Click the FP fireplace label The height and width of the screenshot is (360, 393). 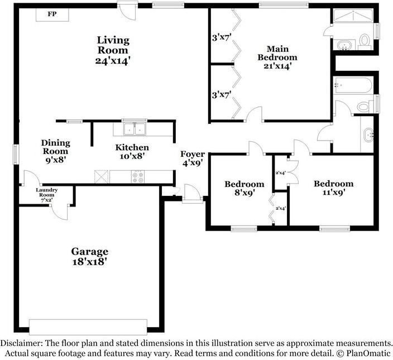tap(52, 14)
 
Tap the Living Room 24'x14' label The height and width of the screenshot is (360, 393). tap(113, 50)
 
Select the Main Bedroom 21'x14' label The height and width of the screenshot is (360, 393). tap(277, 57)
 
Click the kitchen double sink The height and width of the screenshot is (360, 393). tap(135, 129)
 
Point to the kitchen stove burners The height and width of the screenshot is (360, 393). tap(138, 176)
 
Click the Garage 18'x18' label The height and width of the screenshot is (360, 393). tap(90, 257)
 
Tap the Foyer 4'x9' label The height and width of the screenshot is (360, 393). tap(193, 159)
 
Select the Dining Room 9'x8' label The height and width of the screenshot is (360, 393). tap(56, 151)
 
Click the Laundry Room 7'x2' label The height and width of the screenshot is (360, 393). tap(47, 195)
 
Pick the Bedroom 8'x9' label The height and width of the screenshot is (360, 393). tap(245, 189)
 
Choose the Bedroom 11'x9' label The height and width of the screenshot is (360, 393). tap(334, 188)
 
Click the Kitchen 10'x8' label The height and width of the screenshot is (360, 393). tap(132, 152)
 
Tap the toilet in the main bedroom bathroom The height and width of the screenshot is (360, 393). tap(365, 41)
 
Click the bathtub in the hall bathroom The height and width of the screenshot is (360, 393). tap(353, 86)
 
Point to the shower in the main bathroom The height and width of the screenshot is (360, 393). tap(353, 16)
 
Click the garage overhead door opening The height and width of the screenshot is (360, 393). tap(88, 327)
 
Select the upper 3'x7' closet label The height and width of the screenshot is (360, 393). tap(221, 38)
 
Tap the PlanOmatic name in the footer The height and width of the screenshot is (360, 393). tap(368, 353)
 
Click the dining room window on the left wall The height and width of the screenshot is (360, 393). tap(16, 154)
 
